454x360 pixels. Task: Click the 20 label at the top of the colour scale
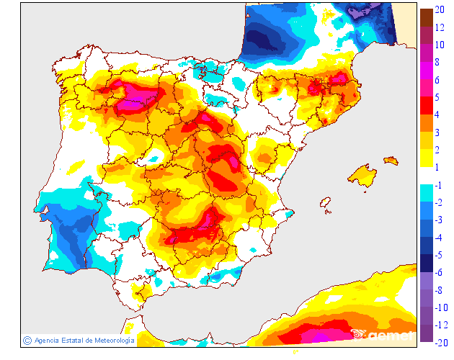coord(440,9)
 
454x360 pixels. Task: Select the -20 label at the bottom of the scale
coord(441,342)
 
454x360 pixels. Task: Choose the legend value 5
coord(437,96)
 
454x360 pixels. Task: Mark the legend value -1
coord(439,185)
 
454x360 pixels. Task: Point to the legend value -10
coord(441,307)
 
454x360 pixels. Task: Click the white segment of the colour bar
coord(426,176)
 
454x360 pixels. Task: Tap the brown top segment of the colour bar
coord(426,17)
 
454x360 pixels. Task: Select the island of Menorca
coord(390,160)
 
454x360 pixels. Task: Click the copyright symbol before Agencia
coord(27,340)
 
